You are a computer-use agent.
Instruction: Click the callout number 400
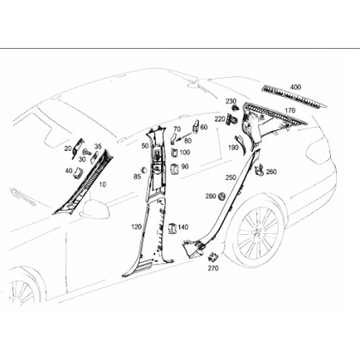coord(296,87)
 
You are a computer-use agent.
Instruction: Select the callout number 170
coord(290,111)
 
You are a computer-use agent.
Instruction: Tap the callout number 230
coord(231,101)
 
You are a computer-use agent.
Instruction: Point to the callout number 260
coord(272,171)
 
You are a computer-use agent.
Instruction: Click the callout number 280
coord(211,196)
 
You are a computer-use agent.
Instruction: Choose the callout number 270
coord(213,268)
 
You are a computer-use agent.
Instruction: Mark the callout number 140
coord(183,227)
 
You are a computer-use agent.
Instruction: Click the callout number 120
coord(136,227)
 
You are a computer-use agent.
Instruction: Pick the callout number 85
coord(137,177)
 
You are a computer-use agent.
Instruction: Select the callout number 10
coord(102,184)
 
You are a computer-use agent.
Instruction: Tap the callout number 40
coord(69,171)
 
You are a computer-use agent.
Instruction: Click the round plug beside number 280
coord(222,196)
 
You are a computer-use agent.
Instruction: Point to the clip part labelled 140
coord(171,228)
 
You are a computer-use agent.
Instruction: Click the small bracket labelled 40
coord(78,172)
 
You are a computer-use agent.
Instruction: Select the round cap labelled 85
coord(144,169)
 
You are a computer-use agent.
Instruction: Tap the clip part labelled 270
coord(213,257)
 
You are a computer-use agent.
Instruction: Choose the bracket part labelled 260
coord(260,169)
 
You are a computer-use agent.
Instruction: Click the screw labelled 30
coord(87,153)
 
